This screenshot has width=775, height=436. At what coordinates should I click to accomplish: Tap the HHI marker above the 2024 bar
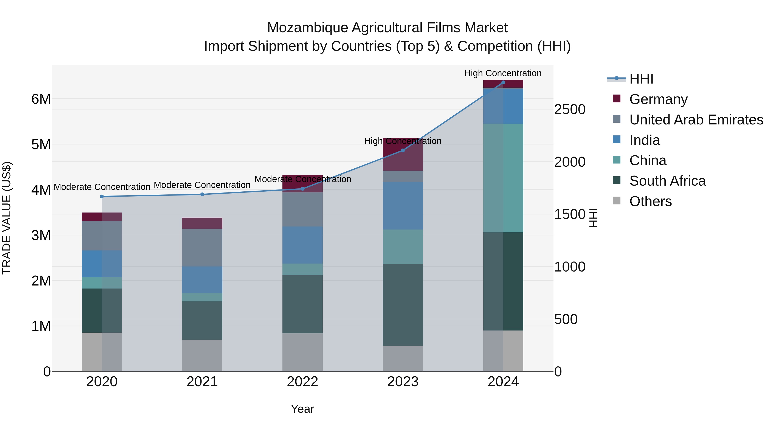pos(503,82)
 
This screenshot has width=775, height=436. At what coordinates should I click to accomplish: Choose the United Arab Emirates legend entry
pos(696,120)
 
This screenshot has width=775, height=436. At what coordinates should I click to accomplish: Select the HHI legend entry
pos(641,79)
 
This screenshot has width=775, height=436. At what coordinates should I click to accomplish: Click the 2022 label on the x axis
pos(302,382)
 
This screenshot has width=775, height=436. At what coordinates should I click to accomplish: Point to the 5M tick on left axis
pos(41,144)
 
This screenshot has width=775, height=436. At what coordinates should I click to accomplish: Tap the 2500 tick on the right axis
pos(569,110)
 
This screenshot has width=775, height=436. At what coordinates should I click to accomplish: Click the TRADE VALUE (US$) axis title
pos(7,218)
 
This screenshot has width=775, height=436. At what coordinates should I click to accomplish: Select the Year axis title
pos(302,409)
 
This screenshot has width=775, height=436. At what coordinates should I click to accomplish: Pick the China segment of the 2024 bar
pos(503,178)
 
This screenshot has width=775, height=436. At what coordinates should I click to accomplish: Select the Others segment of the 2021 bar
pos(202,355)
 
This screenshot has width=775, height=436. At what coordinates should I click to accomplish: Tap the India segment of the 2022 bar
pos(302,245)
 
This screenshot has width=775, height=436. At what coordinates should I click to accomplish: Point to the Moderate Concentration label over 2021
pos(202,185)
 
